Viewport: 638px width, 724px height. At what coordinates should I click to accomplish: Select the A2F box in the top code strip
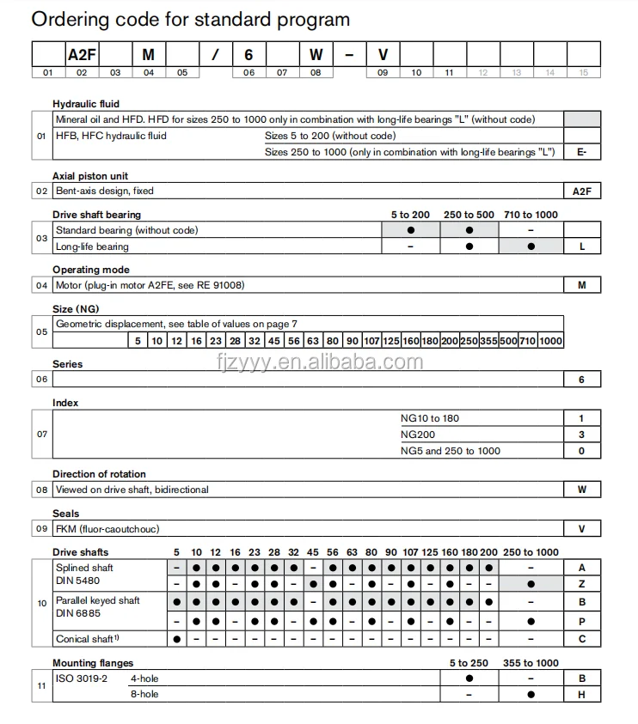[82, 54]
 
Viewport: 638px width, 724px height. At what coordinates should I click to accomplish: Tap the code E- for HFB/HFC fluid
[582, 152]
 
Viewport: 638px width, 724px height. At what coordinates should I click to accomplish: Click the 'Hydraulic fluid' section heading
[86, 104]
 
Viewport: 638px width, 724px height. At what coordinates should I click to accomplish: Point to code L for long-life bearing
[582, 246]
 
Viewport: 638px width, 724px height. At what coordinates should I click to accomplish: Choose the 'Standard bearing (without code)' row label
[126, 230]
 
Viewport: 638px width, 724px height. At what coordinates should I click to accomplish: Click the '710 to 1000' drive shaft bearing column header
[531, 214]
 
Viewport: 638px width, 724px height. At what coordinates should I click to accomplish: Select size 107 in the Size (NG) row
[371, 340]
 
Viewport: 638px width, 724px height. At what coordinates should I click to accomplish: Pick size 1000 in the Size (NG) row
[550, 340]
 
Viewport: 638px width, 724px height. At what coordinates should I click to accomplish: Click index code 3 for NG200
[582, 435]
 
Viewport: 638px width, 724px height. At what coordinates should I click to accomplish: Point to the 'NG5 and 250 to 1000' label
[450, 451]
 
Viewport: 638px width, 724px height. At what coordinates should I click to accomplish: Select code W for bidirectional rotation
[582, 490]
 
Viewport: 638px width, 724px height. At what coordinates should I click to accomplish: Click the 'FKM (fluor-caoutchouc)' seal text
[107, 528]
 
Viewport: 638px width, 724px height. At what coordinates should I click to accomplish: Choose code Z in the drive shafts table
[582, 584]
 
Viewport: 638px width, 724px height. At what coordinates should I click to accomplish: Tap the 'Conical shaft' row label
[86, 639]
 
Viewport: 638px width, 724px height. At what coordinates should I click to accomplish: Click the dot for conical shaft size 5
[176, 639]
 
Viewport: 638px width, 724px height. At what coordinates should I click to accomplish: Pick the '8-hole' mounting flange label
[144, 693]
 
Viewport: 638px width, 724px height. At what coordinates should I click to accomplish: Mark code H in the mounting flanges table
[582, 693]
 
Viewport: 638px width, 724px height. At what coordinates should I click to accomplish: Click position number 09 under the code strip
[383, 73]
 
